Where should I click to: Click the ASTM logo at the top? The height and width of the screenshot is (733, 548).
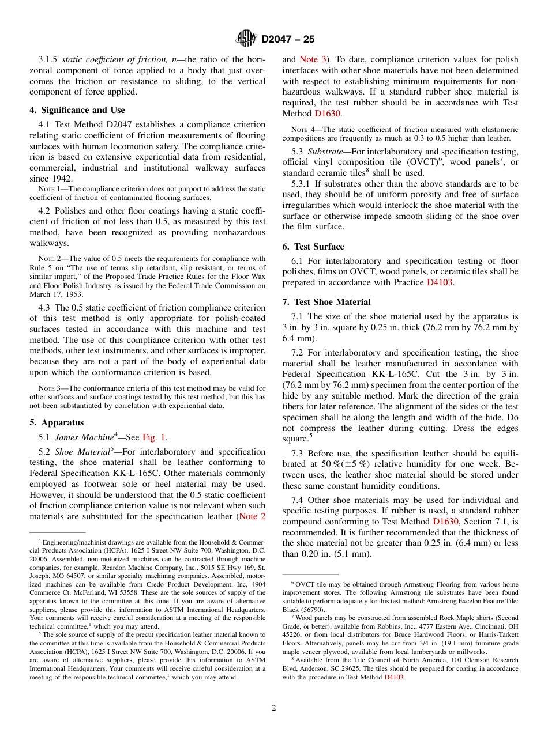click(246, 39)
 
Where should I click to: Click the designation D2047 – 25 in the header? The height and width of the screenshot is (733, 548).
click(288, 40)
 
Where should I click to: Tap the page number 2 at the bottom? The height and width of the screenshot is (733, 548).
click(274, 708)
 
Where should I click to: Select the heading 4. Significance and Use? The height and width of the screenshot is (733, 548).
click(77, 110)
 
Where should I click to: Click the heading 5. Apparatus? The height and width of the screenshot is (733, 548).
click(57, 422)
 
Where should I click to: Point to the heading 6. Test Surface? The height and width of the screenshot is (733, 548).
click(313, 246)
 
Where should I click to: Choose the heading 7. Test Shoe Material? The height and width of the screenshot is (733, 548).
click(326, 301)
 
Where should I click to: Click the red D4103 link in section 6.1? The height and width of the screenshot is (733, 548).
click(440, 282)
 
